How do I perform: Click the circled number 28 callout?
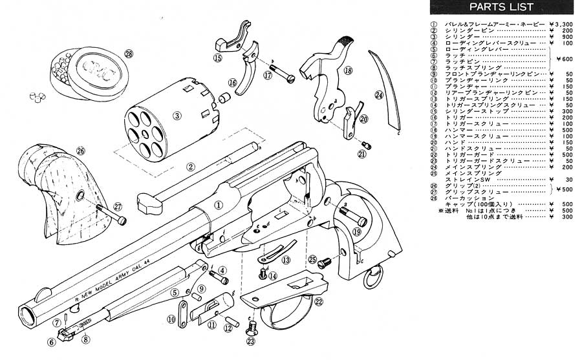[x=129, y=54]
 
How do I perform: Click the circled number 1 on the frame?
[x=219, y=205]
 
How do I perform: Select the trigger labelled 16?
[x=248, y=74]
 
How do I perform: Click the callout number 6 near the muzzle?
[x=51, y=342]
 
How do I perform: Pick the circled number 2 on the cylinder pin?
[x=191, y=167]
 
